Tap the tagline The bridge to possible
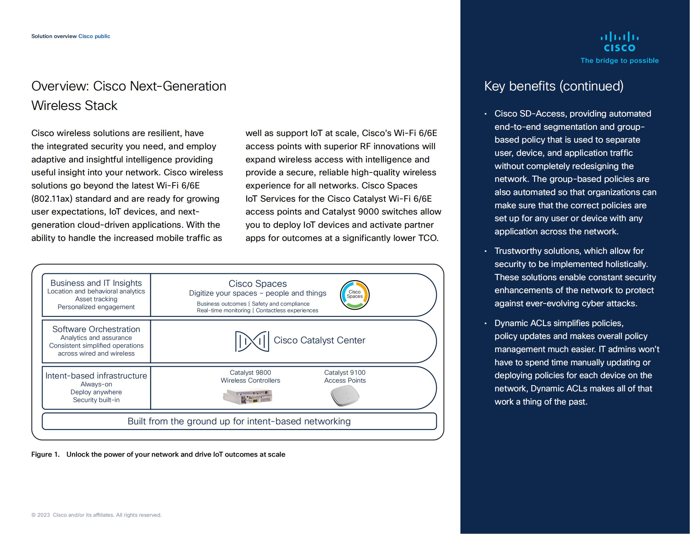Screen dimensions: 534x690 [x=619, y=60]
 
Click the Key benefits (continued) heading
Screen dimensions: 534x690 [x=554, y=86]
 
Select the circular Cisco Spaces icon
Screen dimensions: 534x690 [x=354, y=295]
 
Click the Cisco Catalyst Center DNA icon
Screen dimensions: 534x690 [x=252, y=341]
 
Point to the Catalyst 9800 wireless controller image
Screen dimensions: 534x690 [x=247, y=396]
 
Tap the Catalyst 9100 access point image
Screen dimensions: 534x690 [x=345, y=395]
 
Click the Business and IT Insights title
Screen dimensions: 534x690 [x=96, y=283]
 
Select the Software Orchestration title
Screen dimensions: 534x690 [x=96, y=329]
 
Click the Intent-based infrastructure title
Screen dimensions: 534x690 [x=96, y=375]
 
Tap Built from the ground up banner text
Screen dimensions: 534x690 [x=239, y=421]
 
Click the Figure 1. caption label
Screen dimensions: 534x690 [x=45, y=454]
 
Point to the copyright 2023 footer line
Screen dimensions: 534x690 [x=96, y=515]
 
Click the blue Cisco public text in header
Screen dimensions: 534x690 [x=94, y=36]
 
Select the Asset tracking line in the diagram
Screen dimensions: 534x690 [x=96, y=299]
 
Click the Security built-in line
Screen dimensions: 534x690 [x=96, y=400]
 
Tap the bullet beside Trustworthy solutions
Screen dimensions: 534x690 [x=486, y=251]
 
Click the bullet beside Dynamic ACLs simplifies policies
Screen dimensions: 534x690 [x=486, y=323]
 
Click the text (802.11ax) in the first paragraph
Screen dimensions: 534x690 [x=52, y=199]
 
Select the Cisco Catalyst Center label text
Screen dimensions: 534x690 [x=319, y=340]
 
